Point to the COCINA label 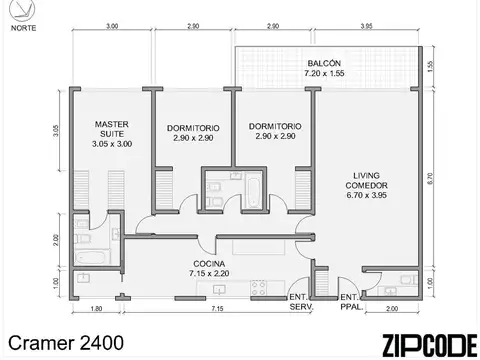tap(209, 267)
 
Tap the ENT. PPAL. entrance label tap(350, 303)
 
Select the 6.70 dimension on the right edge tap(428, 180)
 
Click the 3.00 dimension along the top tap(111, 25)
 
